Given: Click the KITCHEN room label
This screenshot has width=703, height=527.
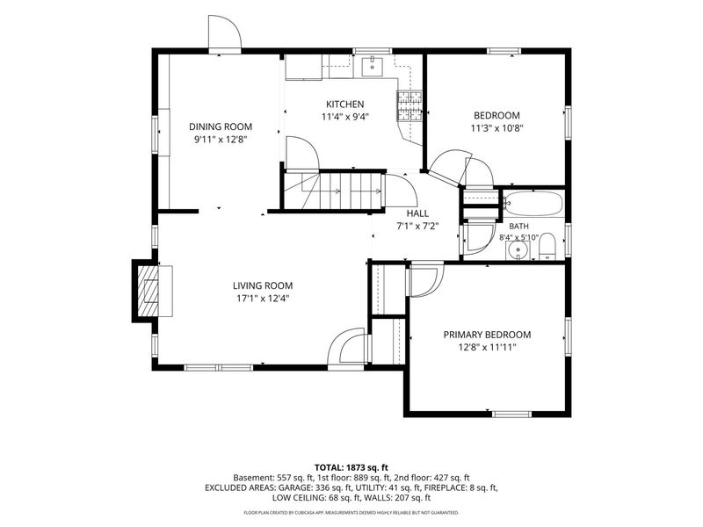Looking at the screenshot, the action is (344, 105).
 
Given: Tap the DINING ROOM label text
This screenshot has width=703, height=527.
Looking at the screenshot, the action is (221, 126).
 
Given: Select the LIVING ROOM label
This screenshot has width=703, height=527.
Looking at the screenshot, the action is (263, 285).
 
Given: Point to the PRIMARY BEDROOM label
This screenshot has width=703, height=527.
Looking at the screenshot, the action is (488, 335).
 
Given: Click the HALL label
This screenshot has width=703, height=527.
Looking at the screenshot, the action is (417, 213).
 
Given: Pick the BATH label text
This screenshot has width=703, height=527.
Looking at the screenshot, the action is (518, 227).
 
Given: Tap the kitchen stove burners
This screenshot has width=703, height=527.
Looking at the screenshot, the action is (409, 106).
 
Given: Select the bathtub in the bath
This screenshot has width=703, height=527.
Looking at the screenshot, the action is (533, 203).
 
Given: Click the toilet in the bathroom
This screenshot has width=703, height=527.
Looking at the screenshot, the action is (547, 247).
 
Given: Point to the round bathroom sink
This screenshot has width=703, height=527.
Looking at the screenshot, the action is (518, 250).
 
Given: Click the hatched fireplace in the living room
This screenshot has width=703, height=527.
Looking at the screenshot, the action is (148, 292).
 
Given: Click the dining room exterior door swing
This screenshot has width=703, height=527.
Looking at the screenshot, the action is (225, 32).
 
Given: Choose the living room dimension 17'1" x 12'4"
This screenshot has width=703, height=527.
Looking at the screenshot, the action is (263, 298).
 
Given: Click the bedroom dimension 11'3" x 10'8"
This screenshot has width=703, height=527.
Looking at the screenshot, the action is (497, 127).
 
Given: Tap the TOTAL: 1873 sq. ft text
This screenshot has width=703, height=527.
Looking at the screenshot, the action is (351, 468).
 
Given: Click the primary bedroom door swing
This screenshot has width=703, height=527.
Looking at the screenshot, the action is (426, 280).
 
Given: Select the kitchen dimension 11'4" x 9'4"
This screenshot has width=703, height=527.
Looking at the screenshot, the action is (344, 117).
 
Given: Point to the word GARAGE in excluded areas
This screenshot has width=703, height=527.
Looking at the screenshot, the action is (294, 487).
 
